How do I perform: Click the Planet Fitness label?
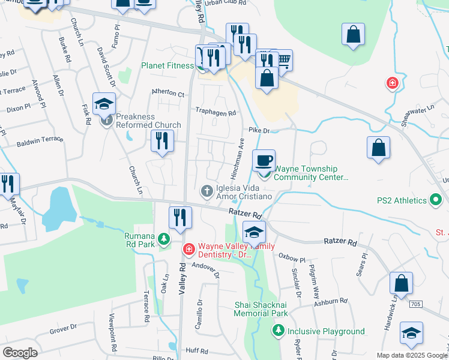pos(167,65)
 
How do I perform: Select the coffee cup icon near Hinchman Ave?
pos(264,160)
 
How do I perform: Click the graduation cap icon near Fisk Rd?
pos(104,103)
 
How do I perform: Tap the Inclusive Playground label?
pos(326,331)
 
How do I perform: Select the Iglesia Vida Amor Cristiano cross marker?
pos(206,191)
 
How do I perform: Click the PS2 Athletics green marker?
pos(436,200)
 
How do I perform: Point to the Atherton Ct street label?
pos(168,94)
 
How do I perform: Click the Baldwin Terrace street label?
pos(40,142)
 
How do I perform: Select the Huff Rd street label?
pos(197,350)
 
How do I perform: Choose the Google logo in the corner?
pos(20,352)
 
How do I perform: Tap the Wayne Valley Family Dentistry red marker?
pos(188,248)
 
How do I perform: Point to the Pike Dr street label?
pos(259,130)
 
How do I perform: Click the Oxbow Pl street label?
pos(292,256)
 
